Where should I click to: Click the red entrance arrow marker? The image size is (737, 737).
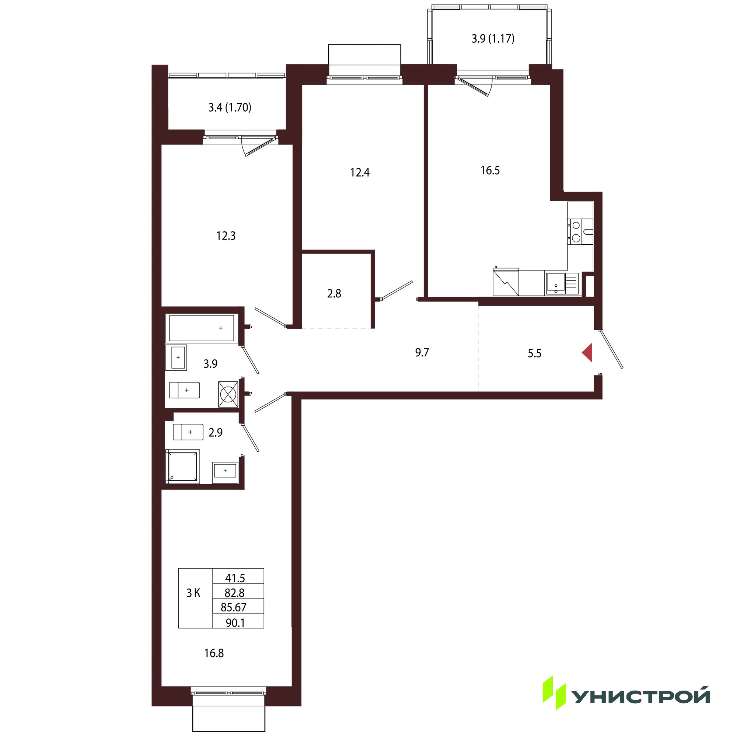[x=588, y=353]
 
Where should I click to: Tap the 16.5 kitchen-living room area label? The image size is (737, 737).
[x=490, y=171]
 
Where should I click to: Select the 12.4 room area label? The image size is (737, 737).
[x=360, y=173]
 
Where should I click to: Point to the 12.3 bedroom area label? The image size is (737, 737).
[x=226, y=236]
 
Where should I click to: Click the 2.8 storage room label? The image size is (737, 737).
[x=334, y=294]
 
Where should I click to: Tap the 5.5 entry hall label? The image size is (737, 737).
[x=534, y=354]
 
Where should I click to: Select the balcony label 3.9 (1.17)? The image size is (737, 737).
[x=493, y=39]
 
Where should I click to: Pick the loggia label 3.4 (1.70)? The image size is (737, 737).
[x=230, y=108]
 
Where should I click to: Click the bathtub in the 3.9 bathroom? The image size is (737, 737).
[x=202, y=328]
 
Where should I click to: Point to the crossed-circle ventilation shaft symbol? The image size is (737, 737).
[x=228, y=394]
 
